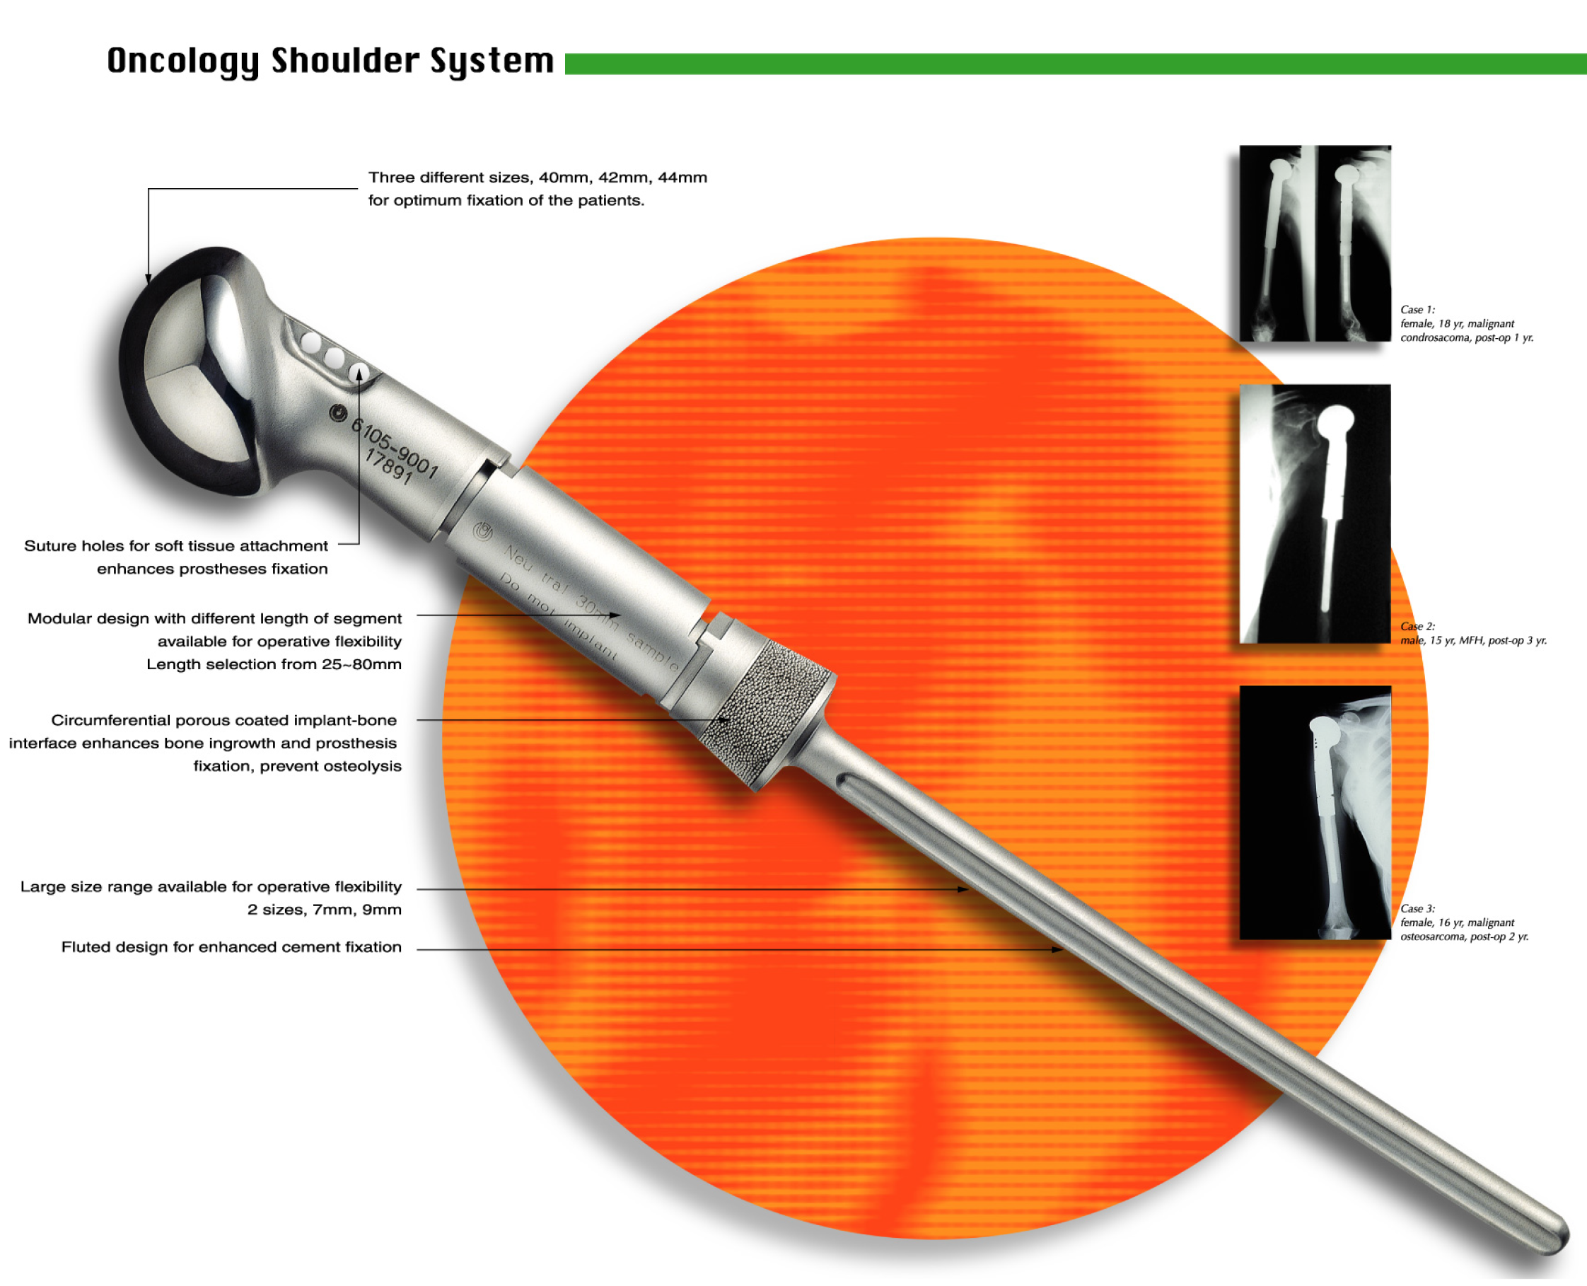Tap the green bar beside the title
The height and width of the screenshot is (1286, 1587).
point(1075,64)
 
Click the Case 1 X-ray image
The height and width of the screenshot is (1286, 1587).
point(1315,243)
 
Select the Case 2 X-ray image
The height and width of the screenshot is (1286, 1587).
point(1315,514)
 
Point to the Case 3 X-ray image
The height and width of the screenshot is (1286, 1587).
point(1315,813)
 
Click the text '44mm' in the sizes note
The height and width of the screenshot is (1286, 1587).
point(682,178)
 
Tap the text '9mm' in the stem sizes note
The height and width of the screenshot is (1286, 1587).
point(381,910)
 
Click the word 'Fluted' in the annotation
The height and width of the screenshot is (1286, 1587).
point(85,946)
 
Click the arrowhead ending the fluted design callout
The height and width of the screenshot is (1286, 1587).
point(1057,949)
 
